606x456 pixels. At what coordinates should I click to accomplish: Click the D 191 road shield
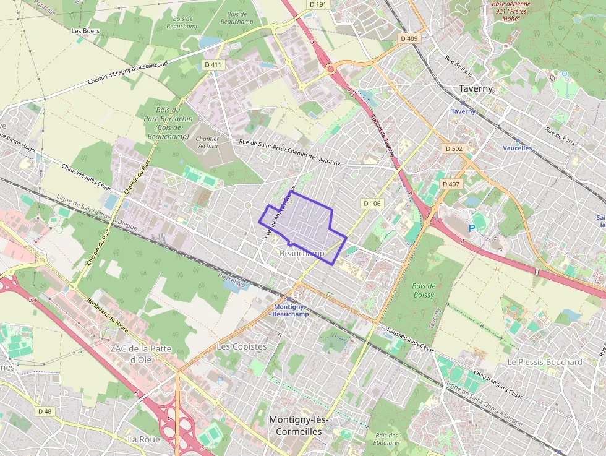318,4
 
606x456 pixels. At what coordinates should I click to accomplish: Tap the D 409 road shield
409,38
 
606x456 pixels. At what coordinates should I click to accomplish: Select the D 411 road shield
212,64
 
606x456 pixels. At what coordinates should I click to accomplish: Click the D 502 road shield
453,148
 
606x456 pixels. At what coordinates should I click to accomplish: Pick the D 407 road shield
451,184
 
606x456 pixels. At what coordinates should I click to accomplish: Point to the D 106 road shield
372,203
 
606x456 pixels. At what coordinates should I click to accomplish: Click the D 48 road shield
45,411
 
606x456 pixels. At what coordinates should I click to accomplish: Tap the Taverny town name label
476,88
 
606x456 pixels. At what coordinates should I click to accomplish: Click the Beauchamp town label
302,254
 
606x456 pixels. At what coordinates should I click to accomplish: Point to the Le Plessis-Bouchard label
544,362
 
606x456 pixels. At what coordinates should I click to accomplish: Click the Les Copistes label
242,346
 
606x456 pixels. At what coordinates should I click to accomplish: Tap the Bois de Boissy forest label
424,290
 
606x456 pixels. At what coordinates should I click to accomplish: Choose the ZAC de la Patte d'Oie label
140,353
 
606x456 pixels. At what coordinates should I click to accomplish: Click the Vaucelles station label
517,148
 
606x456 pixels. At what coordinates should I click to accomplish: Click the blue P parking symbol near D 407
472,228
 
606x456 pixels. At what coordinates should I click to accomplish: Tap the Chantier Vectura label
207,142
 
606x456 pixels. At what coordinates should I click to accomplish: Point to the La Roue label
143,439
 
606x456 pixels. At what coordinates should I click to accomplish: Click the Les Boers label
85,30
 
